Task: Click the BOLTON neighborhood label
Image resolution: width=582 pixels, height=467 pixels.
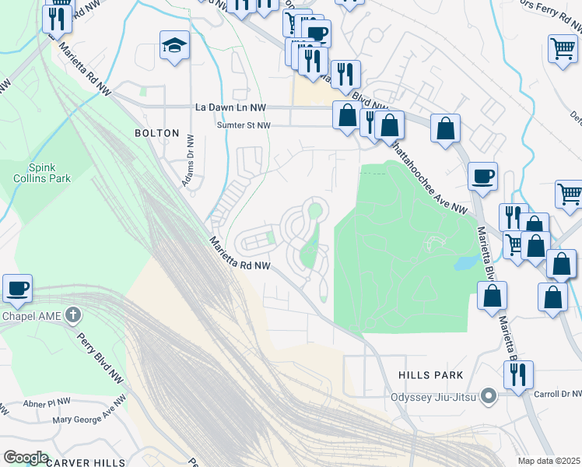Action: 157,133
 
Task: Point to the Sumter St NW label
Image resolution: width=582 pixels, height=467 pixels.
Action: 244,125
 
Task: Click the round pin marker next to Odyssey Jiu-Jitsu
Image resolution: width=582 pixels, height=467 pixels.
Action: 489,397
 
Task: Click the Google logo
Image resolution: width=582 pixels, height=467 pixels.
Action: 26,457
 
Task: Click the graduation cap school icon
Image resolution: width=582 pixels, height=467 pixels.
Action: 174,47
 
